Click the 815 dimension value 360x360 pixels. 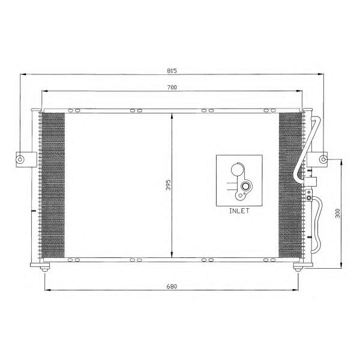pos(172,71)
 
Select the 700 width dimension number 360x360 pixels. pos(172,88)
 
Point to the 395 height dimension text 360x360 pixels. pos(169,185)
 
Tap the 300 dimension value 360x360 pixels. pos(337,213)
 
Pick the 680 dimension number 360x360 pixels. pos(172,287)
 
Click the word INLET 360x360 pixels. pos(239,211)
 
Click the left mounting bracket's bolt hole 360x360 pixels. pos(20,160)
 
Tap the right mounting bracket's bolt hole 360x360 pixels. pos(323,159)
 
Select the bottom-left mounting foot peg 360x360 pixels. pos(44,269)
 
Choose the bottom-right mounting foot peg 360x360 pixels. pos(298,269)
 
